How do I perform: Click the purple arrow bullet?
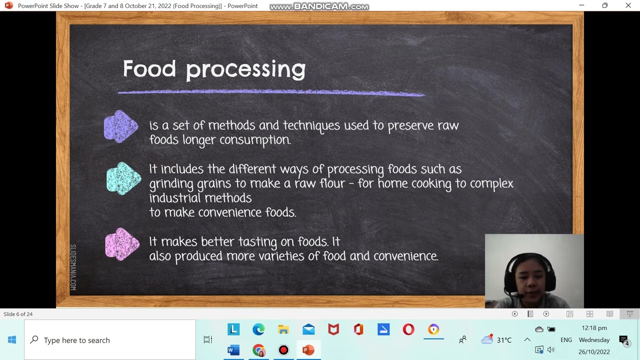(121, 126)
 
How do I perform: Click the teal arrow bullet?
(123, 179)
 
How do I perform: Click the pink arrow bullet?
(122, 244)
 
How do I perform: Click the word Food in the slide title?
(149, 68)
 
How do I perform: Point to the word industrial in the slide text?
(175, 198)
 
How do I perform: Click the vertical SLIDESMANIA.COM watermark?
(73, 267)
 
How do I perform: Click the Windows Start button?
(12, 340)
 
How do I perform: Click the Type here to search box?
(110, 340)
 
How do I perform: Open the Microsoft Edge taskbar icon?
(258, 329)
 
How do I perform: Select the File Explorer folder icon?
(283, 329)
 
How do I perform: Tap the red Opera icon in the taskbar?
(408, 329)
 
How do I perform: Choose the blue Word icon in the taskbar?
(233, 350)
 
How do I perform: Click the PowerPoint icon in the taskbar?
(308, 350)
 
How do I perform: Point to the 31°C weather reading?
(503, 340)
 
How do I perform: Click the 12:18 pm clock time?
(594, 328)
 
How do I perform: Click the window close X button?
(628, 5)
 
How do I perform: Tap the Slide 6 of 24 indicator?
(18, 314)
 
